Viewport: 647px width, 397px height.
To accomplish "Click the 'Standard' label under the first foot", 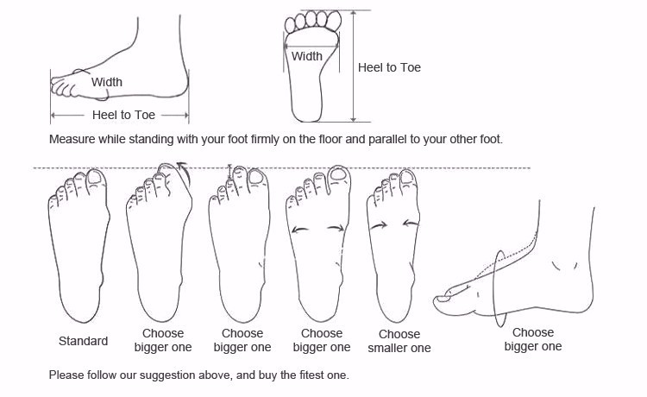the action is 83,341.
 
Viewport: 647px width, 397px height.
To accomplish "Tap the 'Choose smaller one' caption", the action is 399,341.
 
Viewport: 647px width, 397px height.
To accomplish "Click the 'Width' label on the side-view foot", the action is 107,82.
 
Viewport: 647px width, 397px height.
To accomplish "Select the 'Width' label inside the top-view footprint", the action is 307,56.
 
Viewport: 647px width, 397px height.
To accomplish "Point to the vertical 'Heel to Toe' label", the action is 389,67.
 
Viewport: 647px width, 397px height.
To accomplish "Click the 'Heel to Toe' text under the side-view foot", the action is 123,115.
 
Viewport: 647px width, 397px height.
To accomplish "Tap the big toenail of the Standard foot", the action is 95,178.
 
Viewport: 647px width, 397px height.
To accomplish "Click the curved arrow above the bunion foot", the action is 185,173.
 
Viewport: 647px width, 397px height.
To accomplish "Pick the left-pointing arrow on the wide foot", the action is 300,230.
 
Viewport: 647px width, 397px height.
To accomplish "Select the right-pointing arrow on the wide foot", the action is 336,227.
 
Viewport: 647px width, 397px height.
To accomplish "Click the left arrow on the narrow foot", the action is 379,225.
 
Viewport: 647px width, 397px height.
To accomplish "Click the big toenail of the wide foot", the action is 338,174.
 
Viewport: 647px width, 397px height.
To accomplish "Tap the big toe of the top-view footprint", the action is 334,19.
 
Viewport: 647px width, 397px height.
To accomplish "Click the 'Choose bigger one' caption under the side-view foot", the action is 533,339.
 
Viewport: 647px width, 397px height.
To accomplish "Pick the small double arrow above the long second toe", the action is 230,171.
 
